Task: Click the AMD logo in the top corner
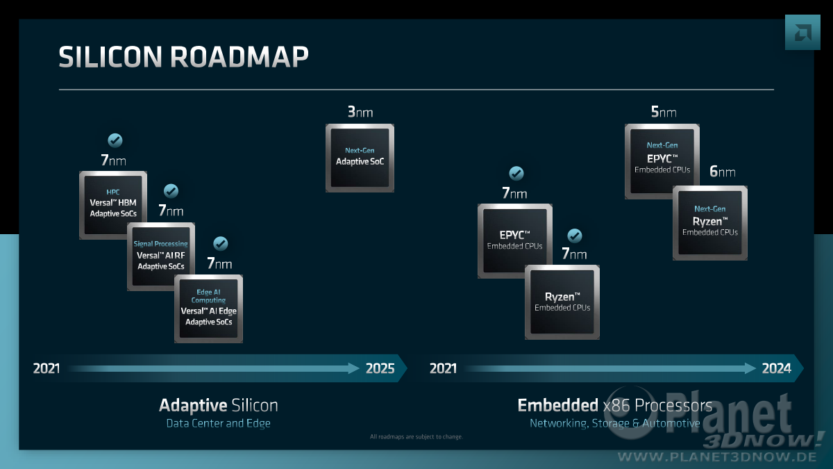(x=802, y=33)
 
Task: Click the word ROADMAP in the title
(x=239, y=57)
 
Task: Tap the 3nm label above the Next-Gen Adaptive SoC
(x=360, y=112)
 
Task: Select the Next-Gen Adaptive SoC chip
(x=360, y=158)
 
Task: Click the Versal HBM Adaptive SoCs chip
(x=113, y=205)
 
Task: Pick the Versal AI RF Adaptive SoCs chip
(x=160, y=256)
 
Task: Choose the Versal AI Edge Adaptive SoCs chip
(x=208, y=308)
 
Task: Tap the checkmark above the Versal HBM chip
(x=115, y=140)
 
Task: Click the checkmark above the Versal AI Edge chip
(x=221, y=243)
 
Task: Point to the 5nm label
(x=664, y=112)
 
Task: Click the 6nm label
(x=722, y=172)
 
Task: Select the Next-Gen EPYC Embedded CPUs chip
(x=662, y=161)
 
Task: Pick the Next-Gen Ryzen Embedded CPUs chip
(x=710, y=222)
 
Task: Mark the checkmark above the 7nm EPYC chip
(x=516, y=173)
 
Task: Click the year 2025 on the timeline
(x=380, y=368)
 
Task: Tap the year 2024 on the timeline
(x=777, y=368)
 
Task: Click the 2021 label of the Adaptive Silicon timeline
(x=46, y=368)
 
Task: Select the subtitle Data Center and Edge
(x=218, y=423)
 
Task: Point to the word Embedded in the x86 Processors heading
(x=558, y=405)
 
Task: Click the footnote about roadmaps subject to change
(x=416, y=436)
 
